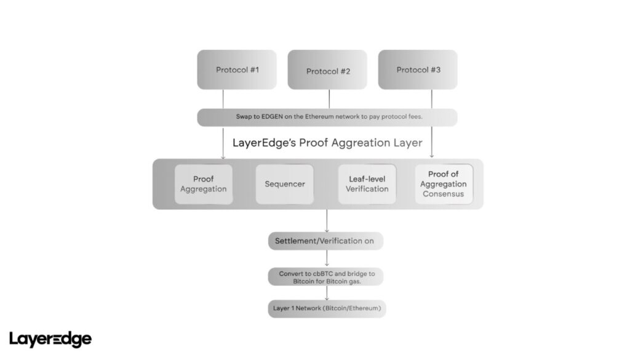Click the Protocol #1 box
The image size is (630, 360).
(x=236, y=70)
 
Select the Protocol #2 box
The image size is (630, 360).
(x=327, y=70)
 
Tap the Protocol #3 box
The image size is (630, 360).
(x=418, y=70)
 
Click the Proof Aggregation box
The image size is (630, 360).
(x=204, y=184)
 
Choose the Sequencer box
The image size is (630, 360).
(x=284, y=184)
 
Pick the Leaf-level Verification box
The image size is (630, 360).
(x=367, y=184)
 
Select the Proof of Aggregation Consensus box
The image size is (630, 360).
(x=443, y=184)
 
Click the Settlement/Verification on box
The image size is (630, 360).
(x=325, y=241)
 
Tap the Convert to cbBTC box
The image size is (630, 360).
(x=325, y=277)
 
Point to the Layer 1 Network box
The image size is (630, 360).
(x=326, y=308)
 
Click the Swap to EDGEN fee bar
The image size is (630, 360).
(x=327, y=117)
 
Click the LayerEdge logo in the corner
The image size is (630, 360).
(x=50, y=338)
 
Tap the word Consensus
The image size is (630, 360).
(x=443, y=194)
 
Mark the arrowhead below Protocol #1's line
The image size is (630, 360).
(x=223, y=156)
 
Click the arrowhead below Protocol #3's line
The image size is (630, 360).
(x=431, y=156)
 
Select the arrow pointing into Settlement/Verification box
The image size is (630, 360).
(x=326, y=230)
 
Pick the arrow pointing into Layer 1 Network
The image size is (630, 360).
(x=326, y=298)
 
